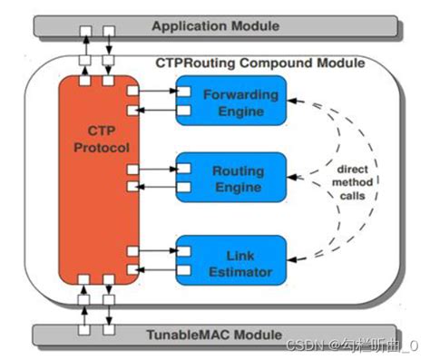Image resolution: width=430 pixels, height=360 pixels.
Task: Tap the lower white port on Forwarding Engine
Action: coord(183,111)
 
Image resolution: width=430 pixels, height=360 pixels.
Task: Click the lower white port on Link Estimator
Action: coord(183,268)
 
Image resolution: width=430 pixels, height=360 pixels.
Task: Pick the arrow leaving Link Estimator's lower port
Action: coord(158,268)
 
